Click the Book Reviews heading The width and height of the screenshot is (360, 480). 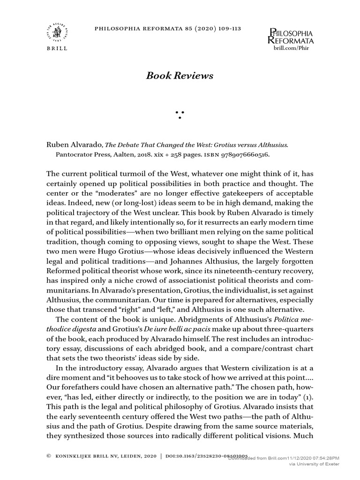pyautogui.click(x=180, y=75)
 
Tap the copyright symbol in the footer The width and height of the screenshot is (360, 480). pyautogui.click(x=49, y=455)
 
